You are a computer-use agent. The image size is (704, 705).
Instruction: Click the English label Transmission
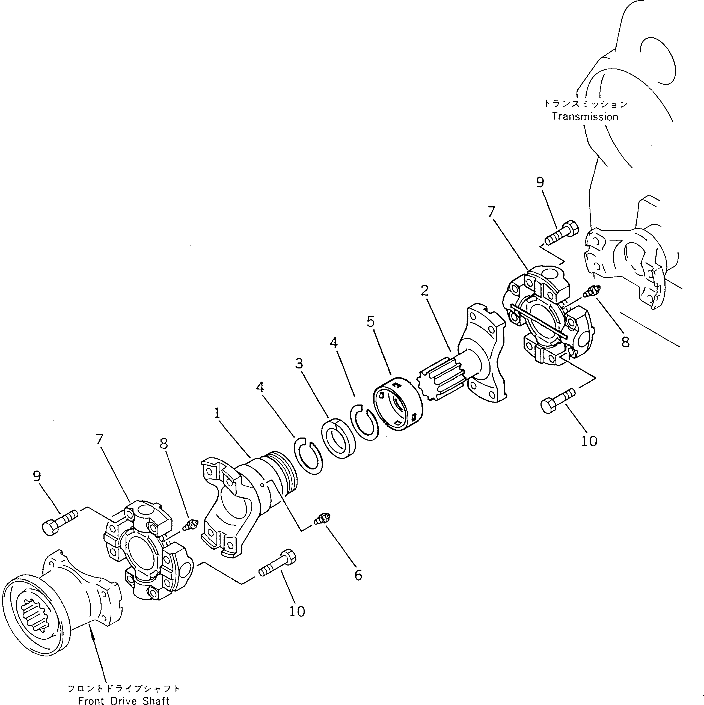pyautogui.click(x=585, y=117)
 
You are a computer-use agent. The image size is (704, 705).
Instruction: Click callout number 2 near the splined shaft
pyautogui.click(x=424, y=290)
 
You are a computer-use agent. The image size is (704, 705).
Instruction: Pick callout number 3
pyautogui.click(x=299, y=364)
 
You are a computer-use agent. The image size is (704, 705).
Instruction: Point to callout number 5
pyautogui.click(x=370, y=322)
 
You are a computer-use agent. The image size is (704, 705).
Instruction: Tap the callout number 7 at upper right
pyautogui.click(x=492, y=212)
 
